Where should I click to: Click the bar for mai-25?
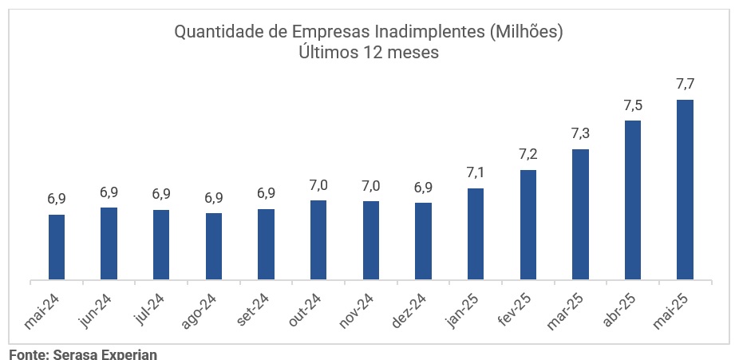[x=685, y=190]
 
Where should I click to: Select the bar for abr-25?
[x=633, y=200]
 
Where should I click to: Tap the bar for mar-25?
[x=580, y=215]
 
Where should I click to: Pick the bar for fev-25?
[x=528, y=225]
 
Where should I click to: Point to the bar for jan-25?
[x=476, y=235]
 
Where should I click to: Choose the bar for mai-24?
[x=57, y=247]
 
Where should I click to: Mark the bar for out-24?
[x=318, y=240]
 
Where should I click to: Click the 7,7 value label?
[x=685, y=84]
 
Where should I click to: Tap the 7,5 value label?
[x=633, y=105]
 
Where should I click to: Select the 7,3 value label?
[x=580, y=133]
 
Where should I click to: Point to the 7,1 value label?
[x=476, y=172]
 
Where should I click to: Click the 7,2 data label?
[x=528, y=154]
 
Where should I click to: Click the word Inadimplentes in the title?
[x=420, y=33]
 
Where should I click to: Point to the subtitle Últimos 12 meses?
[x=369, y=53]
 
